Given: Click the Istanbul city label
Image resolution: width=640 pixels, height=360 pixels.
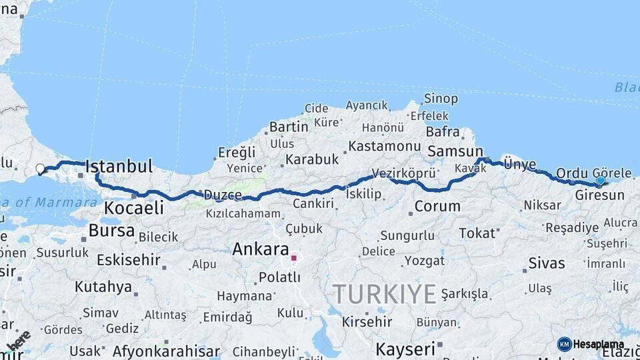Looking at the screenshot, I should (x=119, y=166).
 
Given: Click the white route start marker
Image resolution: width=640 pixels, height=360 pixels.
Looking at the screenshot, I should (x=40, y=169).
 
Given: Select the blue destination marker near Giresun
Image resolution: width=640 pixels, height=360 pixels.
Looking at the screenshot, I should (x=601, y=181).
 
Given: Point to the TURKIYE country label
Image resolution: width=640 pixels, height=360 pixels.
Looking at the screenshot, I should (x=385, y=294).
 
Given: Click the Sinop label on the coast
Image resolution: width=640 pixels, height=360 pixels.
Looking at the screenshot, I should (x=441, y=99).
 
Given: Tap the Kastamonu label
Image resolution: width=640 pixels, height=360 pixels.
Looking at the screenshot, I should (x=385, y=146).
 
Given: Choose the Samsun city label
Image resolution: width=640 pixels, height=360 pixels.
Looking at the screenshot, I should (x=455, y=151).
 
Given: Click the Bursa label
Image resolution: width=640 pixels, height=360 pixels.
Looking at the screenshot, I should (x=111, y=231).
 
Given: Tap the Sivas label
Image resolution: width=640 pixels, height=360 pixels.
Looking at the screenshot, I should (x=547, y=263).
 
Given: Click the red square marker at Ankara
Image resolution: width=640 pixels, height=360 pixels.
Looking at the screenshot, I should (x=293, y=257).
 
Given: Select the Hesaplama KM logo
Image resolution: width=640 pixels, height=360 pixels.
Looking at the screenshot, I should (x=591, y=344).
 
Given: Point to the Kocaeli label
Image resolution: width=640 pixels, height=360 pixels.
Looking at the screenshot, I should (x=133, y=208).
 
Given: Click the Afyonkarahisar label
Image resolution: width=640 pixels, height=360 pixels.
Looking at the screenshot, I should (x=166, y=351).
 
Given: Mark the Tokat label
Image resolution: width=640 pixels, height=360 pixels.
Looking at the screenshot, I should (x=477, y=233).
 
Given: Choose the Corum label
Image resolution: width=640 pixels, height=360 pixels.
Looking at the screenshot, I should (x=437, y=207).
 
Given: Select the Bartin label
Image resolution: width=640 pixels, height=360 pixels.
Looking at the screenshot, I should (x=289, y=127).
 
